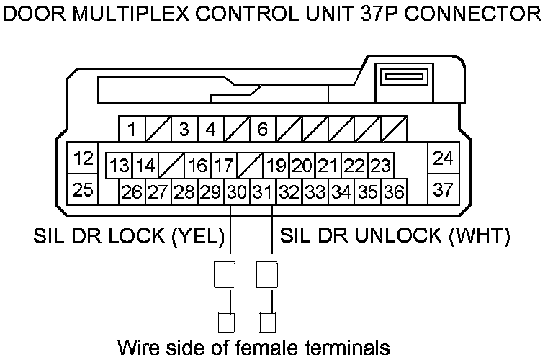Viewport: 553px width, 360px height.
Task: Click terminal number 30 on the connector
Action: click(236, 192)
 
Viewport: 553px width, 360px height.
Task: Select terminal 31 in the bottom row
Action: click(263, 192)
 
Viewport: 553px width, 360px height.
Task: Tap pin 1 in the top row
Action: click(132, 130)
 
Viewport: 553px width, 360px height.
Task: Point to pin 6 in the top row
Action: click(263, 130)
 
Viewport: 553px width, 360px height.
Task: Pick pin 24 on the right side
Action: click(444, 158)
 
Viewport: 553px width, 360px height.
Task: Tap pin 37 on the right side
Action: click(444, 190)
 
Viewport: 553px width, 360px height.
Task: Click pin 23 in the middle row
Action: click(380, 166)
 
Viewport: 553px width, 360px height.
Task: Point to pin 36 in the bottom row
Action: click(393, 192)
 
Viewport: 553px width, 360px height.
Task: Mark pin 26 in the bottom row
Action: click(132, 192)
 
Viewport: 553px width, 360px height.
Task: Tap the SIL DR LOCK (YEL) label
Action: click(130, 235)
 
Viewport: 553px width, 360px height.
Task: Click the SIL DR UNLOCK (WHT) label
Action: click(395, 235)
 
